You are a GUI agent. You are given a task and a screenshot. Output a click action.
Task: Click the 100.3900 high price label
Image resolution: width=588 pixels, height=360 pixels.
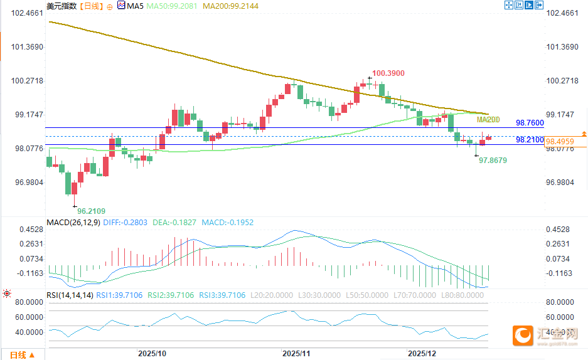point(388,73)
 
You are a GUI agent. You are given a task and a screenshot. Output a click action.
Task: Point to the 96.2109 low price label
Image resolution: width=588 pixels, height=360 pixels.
point(92,211)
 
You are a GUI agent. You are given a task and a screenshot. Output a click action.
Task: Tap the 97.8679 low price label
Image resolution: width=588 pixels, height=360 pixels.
point(493,161)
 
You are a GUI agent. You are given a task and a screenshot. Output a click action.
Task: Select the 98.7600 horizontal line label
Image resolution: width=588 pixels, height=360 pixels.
point(530,123)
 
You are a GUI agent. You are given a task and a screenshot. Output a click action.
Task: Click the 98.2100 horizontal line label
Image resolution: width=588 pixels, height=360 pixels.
point(530,140)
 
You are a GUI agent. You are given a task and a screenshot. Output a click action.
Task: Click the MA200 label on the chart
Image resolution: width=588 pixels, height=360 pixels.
point(488,120)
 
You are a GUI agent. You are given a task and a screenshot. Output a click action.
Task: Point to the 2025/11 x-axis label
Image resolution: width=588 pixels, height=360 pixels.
point(296,354)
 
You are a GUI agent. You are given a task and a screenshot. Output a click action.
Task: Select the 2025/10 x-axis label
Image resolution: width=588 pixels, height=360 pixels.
point(152,354)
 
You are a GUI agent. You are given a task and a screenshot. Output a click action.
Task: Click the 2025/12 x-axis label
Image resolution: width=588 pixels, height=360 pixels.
point(422,354)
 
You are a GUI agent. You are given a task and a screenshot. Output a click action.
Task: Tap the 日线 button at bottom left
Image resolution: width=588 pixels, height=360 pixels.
point(17,354)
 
